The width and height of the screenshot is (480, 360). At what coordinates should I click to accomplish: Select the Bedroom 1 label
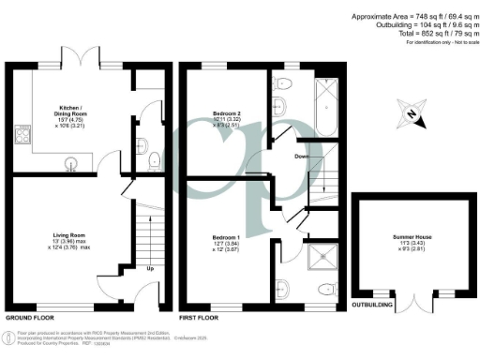[225, 240]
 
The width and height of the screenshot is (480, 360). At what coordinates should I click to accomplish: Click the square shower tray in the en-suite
[326, 254]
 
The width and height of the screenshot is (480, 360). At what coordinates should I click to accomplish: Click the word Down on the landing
[300, 157]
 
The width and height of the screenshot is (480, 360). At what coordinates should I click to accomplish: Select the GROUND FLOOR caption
[32, 318]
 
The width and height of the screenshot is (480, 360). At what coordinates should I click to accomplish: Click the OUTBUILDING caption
[372, 305]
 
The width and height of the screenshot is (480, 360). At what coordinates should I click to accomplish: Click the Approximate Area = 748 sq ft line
[410, 17]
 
